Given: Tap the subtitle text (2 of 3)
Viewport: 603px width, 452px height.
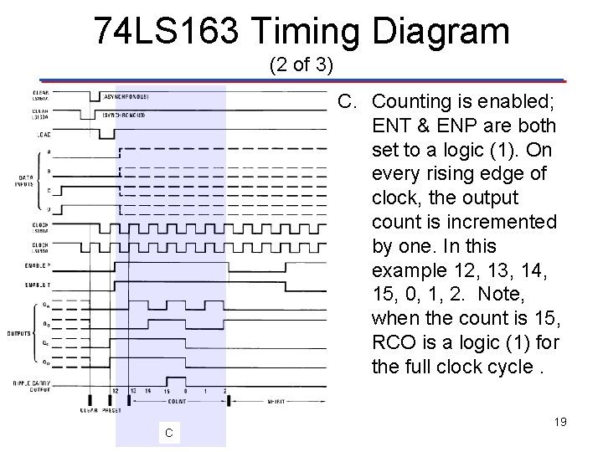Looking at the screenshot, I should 301,64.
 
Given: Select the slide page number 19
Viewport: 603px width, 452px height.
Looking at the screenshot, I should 559,422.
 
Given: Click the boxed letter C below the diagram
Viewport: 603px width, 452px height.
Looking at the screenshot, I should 169,433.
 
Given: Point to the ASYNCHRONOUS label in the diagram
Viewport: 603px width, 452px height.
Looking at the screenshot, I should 125,96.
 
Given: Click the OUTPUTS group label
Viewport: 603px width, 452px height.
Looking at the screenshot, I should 23,332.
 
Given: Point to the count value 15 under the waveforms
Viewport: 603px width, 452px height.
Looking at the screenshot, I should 167,391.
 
